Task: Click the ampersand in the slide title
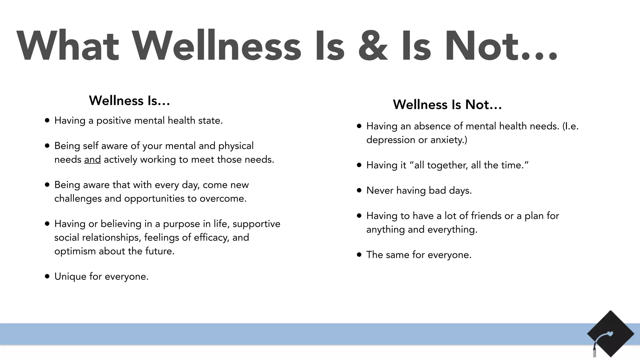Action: [373, 46]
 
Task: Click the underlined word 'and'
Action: [92, 159]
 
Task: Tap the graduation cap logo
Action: [610, 334]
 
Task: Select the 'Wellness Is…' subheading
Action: [129, 101]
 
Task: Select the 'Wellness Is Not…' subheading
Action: [447, 105]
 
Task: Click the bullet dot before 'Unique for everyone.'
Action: [47, 276]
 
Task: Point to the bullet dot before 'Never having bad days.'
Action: [359, 190]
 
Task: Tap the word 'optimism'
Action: [75, 251]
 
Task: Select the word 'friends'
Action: [486, 216]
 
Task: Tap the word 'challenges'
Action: [78, 199]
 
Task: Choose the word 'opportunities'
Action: [154, 199]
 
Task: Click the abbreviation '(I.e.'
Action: [570, 126]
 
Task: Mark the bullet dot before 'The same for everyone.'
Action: [359, 255]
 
